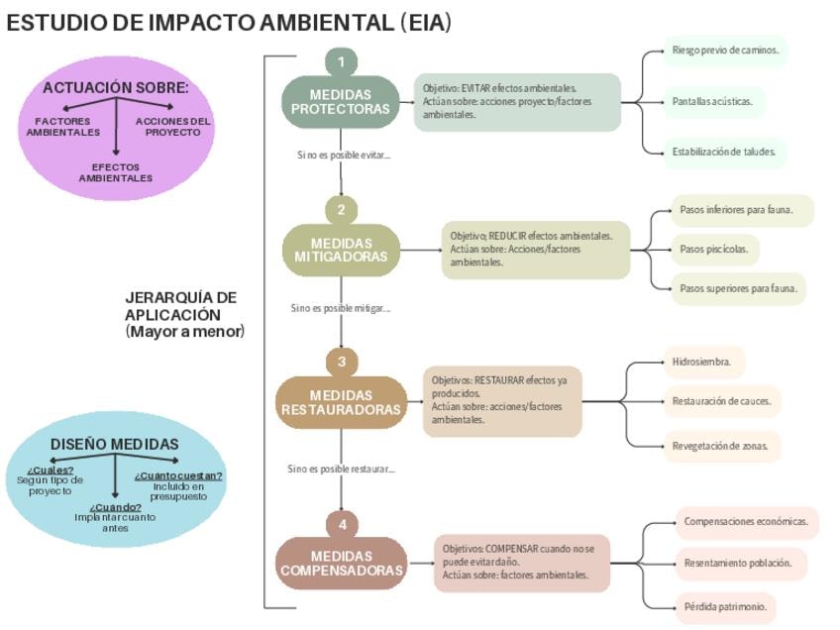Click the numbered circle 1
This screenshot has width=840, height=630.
[x=341, y=62]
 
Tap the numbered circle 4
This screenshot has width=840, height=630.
[x=341, y=523]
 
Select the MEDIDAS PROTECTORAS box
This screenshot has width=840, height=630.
[x=341, y=102]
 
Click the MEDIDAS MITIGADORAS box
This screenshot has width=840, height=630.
[x=341, y=251]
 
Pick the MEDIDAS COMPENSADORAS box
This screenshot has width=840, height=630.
[x=341, y=563]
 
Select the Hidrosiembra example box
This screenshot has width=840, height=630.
[x=702, y=363]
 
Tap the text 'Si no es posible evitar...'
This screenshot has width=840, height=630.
[x=343, y=155]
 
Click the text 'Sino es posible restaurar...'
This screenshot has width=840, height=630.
[x=342, y=469]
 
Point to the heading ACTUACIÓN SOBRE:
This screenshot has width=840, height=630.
[x=115, y=88]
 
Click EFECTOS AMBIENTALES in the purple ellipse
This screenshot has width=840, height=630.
[x=116, y=172]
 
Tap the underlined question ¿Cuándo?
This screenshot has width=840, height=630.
[x=115, y=507]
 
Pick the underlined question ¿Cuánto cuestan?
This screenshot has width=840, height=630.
[x=178, y=475]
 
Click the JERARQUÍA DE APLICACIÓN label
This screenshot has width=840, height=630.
[x=184, y=313]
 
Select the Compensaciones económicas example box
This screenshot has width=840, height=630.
[x=745, y=521]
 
